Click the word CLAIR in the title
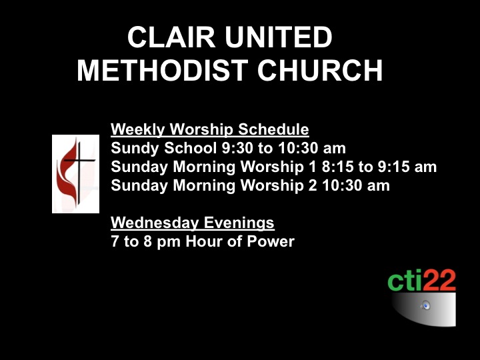pyautogui.click(x=171, y=37)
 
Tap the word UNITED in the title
pyautogui.click(x=278, y=37)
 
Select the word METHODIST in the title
pyautogui.click(x=162, y=71)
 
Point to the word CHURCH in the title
pyautogui.click(x=320, y=71)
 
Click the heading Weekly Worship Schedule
pyautogui.click(x=210, y=129)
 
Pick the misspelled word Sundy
pyautogui.click(x=135, y=149)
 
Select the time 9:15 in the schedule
pyautogui.click(x=393, y=167)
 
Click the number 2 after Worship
pyautogui.click(x=313, y=185)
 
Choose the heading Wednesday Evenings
pyautogui.click(x=193, y=223)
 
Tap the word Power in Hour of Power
pyautogui.click(x=271, y=241)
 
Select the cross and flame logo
pyautogui.click(x=75, y=174)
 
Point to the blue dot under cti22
pyautogui.click(x=426, y=305)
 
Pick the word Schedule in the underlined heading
pyautogui.click(x=273, y=129)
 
